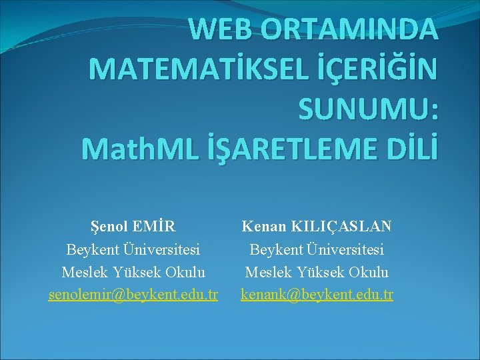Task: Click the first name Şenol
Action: (x=110, y=227)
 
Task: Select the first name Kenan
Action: (x=262, y=227)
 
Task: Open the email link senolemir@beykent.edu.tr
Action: (x=133, y=294)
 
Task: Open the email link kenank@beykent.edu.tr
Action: (x=317, y=294)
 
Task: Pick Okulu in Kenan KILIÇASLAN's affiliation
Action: (x=369, y=272)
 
